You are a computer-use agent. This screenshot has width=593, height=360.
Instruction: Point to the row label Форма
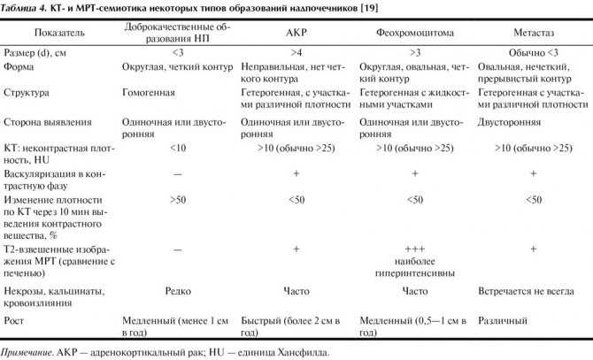20,65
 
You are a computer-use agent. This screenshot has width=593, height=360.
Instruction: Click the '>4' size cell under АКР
296,52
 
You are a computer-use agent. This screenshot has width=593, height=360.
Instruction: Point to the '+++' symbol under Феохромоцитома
414,250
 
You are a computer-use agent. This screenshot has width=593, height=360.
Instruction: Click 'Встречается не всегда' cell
529,289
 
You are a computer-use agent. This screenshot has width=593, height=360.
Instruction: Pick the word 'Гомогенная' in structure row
149,91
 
